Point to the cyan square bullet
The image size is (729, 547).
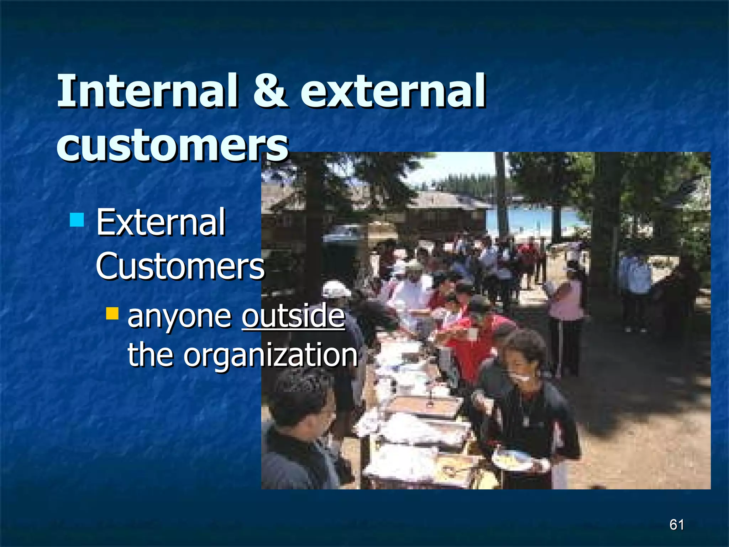coord(77,220)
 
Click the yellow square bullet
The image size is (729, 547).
coord(112,313)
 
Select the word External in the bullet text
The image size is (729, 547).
coord(161,223)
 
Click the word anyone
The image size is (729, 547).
coord(179,316)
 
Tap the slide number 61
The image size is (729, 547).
coord(676,525)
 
